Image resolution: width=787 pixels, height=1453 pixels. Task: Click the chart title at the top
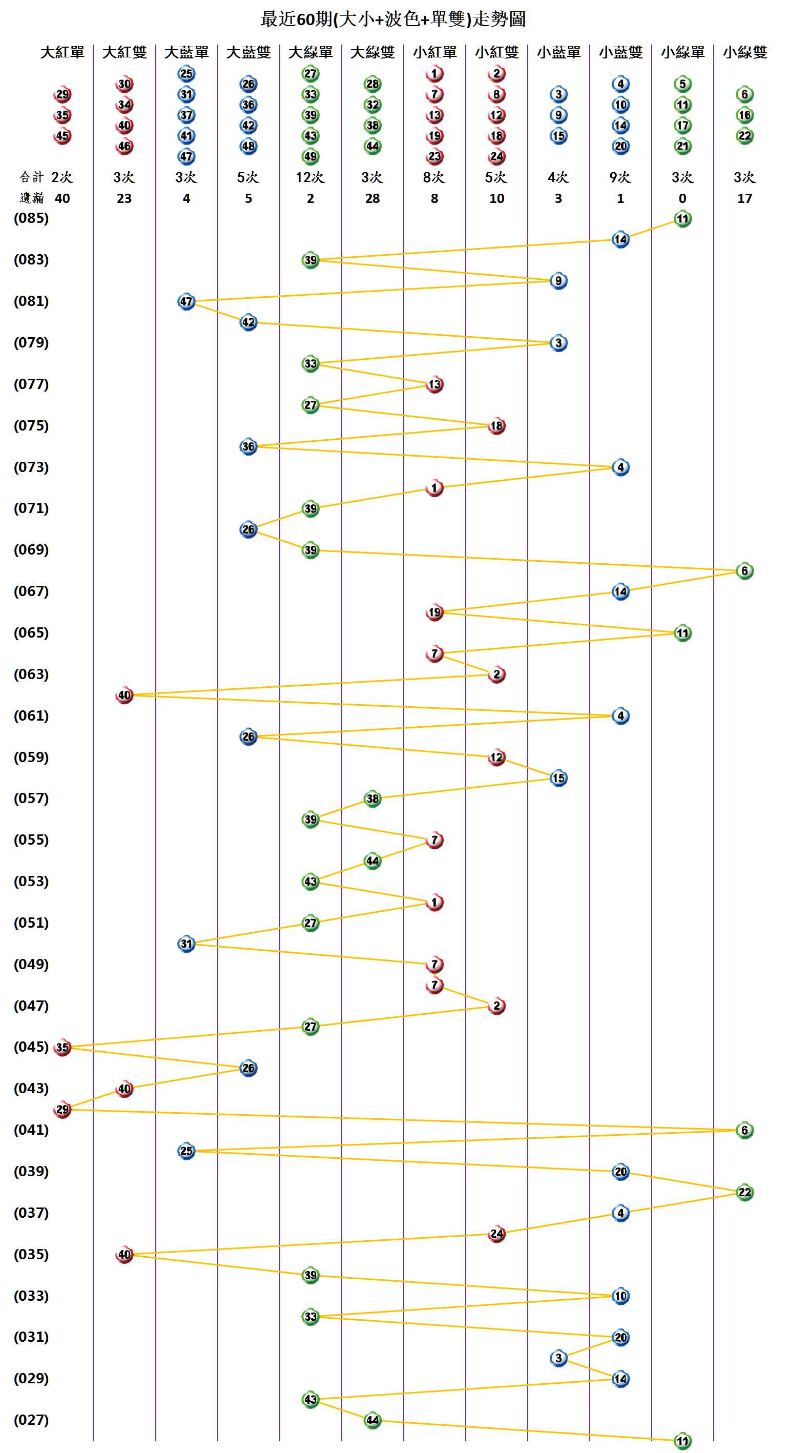pos(393,19)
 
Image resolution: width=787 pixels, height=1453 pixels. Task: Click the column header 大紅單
pos(62,52)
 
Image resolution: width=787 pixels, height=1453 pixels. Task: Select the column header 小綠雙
pos(744,52)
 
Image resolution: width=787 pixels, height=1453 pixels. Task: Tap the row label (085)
pos(31,218)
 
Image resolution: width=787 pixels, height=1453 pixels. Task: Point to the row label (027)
pos(31,1420)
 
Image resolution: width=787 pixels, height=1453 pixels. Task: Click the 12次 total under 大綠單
pos(310,178)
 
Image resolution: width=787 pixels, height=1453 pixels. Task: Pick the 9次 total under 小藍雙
pos(620,178)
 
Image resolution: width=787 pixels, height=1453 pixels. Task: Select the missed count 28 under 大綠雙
pos(372,198)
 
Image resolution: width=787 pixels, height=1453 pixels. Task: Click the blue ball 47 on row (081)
pos(186,302)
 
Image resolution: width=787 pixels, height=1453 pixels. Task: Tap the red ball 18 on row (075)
pos(496,426)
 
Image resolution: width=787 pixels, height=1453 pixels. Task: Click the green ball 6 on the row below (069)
pos(744,571)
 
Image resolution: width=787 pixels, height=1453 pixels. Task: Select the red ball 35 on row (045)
pos(62,1048)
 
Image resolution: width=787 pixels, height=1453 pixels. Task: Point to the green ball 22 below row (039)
pos(744,1193)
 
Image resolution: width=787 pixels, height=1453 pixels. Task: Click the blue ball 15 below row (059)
pos(558,778)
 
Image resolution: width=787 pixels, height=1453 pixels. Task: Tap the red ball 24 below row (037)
pos(496,1234)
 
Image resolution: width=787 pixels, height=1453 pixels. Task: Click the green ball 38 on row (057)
pos(372,799)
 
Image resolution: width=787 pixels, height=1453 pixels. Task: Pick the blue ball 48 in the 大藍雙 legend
pos(248,146)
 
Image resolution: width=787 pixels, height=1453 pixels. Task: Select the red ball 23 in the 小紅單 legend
pos(434,156)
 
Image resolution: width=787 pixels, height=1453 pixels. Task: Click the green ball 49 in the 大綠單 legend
pos(310,156)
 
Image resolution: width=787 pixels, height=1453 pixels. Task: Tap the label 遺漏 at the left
pos(32,198)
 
